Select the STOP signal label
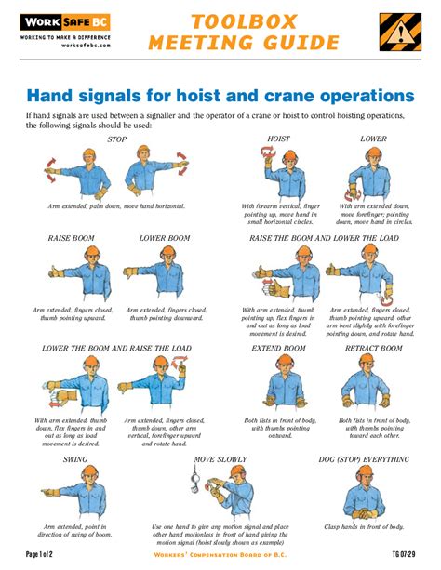(117, 139)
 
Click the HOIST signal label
(278, 139)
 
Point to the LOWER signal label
(373, 139)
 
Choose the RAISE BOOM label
(71, 239)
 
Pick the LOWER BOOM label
(165, 239)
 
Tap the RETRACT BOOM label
(374, 348)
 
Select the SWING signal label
(75, 459)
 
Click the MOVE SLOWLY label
(220, 459)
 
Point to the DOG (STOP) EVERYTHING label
(363, 459)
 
